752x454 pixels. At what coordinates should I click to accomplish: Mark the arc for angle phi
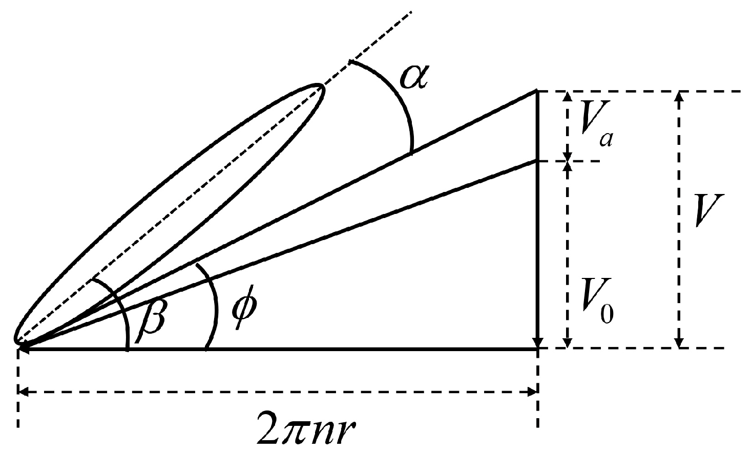click(211, 307)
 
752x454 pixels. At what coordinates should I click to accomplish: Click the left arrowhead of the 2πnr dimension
click(24, 392)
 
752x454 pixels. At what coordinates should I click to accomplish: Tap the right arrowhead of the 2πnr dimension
click(533, 392)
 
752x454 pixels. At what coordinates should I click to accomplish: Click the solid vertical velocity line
click(537, 220)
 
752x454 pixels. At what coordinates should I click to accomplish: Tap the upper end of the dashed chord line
click(410, 11)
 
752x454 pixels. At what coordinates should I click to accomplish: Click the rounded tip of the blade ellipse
click(322, 90)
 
